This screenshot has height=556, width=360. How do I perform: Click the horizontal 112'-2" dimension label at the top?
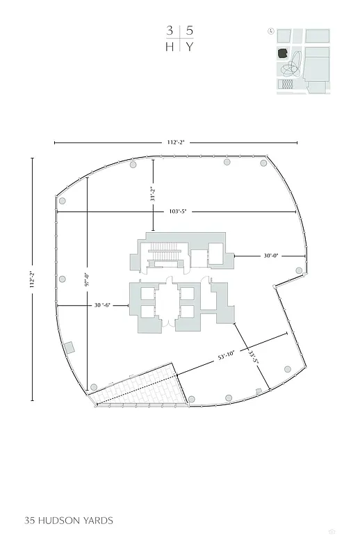[177, 142]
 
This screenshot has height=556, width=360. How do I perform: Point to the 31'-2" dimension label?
[153, 191]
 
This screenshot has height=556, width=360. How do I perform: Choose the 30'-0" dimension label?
[270, 256]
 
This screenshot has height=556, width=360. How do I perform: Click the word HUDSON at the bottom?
[62, 520]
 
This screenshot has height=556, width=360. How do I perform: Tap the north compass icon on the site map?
[270, 31]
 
